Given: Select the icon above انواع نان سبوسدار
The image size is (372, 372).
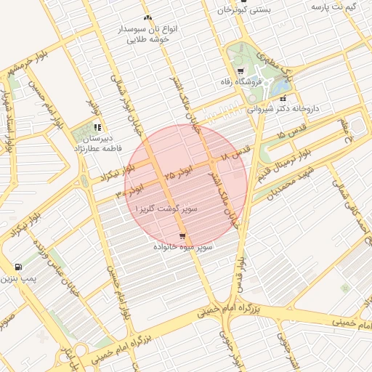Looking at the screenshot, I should (x=148, y=17).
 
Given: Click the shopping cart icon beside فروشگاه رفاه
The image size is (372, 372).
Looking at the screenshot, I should (x=240, y=71).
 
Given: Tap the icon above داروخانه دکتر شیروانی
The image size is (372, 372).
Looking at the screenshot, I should (x=283, y=99).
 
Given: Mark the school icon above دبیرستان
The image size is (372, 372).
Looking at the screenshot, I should (x=97, y=127).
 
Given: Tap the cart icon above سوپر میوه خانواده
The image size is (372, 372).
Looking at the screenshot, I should (x=182, y=236).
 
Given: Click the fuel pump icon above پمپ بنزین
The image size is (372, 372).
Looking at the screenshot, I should (x=18, y=267).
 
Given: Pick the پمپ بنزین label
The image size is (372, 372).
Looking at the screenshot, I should (x=17, y=278).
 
